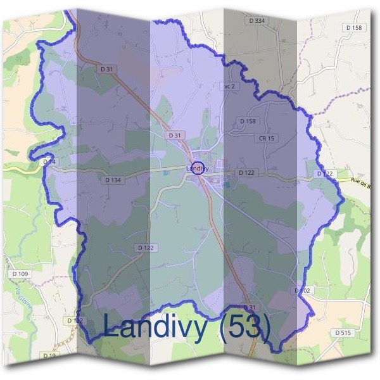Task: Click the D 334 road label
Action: (x=256, y=21)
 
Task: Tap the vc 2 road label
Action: (x=229, y=86)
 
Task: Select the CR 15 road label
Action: (x=266, y=138)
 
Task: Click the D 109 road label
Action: (x=20, y=274)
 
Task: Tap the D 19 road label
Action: (x=49, y=356)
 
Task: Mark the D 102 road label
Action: (x=303, y=290)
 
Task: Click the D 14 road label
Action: (x=49, y=162)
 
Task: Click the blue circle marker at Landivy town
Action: (x=198, y=168)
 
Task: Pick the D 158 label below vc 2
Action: (x=248, y=121)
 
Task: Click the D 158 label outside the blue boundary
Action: (x=355, y=28)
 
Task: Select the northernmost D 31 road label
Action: (x=106, y=68)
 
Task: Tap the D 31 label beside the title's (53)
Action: (x=250, y=307)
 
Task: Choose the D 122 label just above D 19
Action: (x=75, y=321)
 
